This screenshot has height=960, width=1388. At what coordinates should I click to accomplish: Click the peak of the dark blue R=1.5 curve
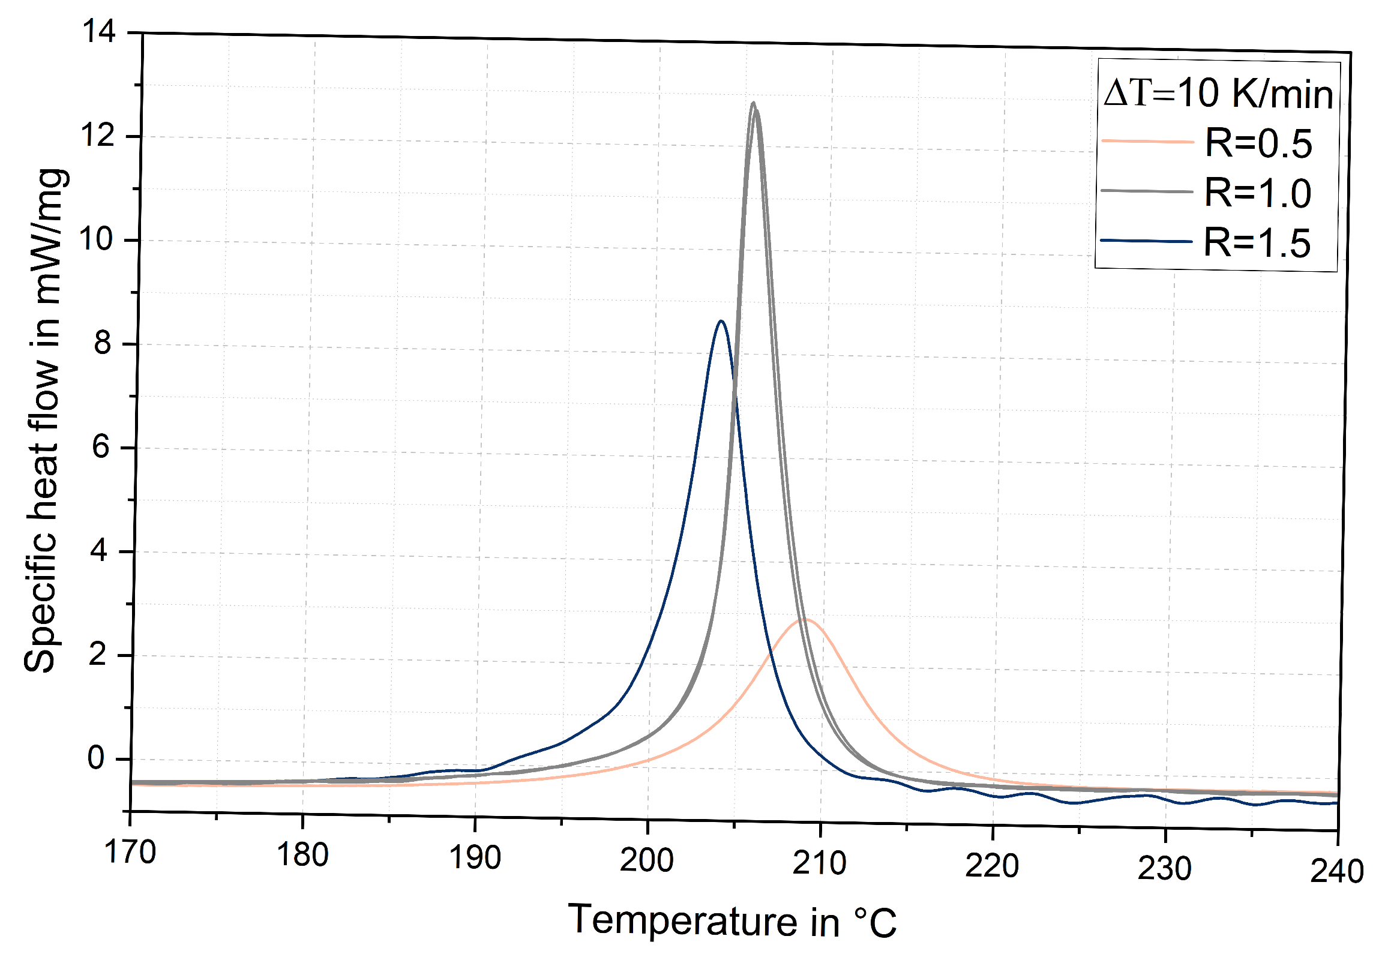[721, 322]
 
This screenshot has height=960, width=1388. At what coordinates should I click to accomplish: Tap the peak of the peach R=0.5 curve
[805, 620]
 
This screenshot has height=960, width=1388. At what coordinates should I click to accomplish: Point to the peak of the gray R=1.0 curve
[753, 103]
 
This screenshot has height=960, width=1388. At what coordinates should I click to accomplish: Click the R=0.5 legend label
[1258, 144]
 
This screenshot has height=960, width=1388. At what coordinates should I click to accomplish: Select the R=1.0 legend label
[1258, 194]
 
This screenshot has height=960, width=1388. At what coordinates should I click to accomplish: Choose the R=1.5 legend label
[1257, 244]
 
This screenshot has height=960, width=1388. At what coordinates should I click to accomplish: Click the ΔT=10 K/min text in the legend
[1219, 94]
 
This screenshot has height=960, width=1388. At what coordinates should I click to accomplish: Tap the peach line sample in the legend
[1147, 142]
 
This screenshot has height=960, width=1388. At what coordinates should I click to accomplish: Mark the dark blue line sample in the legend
[1146, 241]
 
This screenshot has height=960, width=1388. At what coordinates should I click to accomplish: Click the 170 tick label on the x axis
[130, 853]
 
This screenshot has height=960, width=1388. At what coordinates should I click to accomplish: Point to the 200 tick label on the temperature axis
[647, 861]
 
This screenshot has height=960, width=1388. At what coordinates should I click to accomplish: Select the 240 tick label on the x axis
[1337, 872]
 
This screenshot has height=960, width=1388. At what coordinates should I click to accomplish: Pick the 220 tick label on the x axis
[992, 866]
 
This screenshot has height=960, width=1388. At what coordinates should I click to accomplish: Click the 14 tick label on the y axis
[98, 31]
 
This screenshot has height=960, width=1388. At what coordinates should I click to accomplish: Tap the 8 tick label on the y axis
[103, 343]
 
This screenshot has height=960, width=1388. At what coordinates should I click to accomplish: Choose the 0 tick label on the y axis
[96, 758]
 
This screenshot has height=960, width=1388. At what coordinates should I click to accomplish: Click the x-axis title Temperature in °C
[732, 921]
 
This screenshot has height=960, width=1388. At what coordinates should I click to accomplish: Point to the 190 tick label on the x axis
[475, 858]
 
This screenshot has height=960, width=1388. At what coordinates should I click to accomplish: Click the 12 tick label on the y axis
[97, 136]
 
